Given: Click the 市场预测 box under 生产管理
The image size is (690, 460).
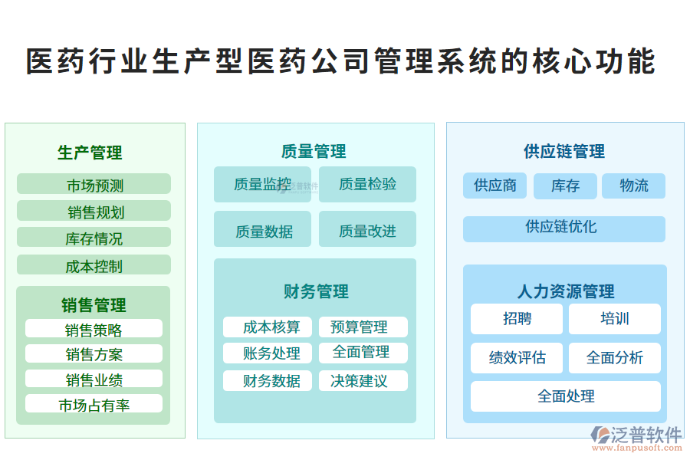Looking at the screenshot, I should [x=94, y=185].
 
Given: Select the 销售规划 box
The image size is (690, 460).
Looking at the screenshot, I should [x=94, y=212].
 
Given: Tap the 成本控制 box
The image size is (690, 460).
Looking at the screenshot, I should [x=94, y=266].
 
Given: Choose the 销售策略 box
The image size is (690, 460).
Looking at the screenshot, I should [x=94, y=330].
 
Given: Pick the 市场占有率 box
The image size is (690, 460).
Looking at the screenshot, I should [x=94, y=405].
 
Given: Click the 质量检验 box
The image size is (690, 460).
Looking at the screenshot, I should [x=367, y=184].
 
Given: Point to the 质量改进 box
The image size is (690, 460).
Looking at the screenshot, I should [x=367, y=230].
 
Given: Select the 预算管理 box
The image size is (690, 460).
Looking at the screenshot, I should [x=363, y=327].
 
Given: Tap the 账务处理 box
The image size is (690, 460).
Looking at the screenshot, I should [x=272, y=353].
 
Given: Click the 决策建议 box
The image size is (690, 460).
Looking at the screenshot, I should [x=363, y=380].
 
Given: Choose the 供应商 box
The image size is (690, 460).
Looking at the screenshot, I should [x=495, y=186].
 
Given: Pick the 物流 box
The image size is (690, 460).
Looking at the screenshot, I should [x=633, y=186].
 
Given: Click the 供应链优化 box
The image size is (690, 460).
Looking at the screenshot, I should [x=563, y=228].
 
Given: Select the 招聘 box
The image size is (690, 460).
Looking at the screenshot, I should [x=517, y=319].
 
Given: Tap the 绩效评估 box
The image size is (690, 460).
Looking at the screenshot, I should [x=517, y=358].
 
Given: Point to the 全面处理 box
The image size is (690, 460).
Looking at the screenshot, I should [x=565, y=396].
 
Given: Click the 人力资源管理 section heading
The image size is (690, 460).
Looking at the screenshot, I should [x=565, y=291].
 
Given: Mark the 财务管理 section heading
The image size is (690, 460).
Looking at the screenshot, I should [x=316, y=291].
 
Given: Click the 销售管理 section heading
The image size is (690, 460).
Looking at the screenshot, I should [x=94, y=305].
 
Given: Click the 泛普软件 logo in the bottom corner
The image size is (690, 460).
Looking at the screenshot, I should [x=636, y=438].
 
